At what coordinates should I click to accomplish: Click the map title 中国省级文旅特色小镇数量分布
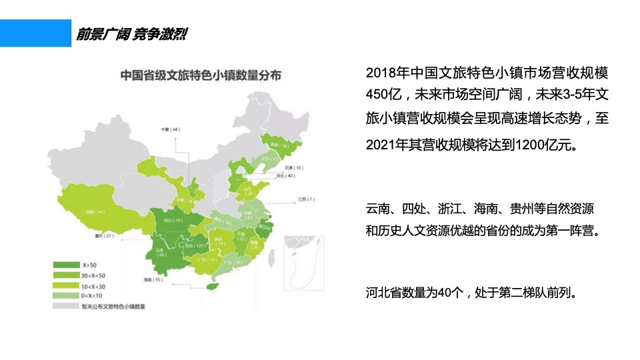(200, 75)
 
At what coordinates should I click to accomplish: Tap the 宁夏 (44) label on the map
(171, 129)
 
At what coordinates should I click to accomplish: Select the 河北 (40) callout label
(286, 177)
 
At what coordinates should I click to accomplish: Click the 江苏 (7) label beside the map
(306, 199)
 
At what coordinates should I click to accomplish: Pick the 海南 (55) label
(153, 279)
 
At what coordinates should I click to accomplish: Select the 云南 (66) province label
(161, 251)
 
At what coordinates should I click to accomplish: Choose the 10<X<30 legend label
(94, 285)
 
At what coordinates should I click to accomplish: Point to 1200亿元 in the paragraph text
(539, 145)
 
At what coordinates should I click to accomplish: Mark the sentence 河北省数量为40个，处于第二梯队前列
(470, 292)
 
